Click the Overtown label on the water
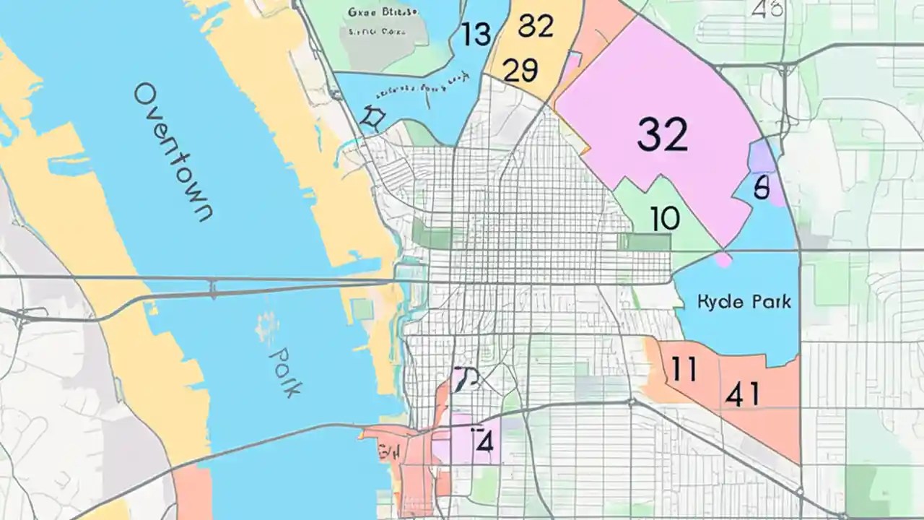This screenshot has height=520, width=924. [173, 152]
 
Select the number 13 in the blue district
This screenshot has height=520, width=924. [476, 34]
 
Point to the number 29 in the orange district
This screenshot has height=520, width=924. [520, 71]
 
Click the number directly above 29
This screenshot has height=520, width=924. [536, 26]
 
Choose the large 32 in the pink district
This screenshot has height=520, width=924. [662, 134]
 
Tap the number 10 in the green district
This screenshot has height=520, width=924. [664, 218]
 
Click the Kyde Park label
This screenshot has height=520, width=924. [744, 301]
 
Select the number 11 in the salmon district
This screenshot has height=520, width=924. [683, 369]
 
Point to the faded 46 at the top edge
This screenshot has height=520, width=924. [767, 10]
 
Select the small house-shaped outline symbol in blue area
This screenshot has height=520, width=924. [372, 118]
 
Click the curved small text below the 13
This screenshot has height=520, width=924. [419, 89]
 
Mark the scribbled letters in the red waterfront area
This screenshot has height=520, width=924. [388, 453]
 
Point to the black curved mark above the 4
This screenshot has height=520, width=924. [465, 378]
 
